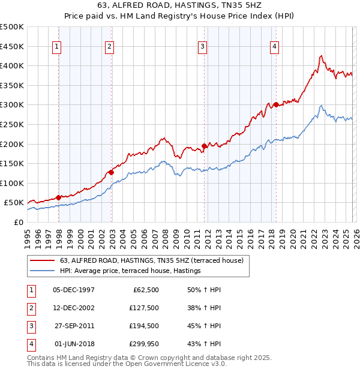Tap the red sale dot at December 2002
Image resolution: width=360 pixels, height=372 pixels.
pyautogui.click(x=112, y=172)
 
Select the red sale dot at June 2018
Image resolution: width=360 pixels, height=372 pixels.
pyautogui.click(x=275, y=104)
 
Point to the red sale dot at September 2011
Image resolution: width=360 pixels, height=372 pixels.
pyautogui.click(x=205, y=146)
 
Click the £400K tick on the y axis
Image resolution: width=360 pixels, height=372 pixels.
pyautogui.click(x=12, y=65)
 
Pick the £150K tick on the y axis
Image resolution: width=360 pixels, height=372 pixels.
pyautogui.click(x=12, y=163)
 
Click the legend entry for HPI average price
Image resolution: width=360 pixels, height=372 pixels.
pyautogui.click(x=130, y=271)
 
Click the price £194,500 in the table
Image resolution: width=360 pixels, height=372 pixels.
pyautogui.click(x=144, y=326)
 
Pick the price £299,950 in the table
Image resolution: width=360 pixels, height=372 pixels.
pyautogui.click(x=144, y=344)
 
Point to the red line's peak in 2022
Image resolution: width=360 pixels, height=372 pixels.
pyautogui.click(x=321, y=56)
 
